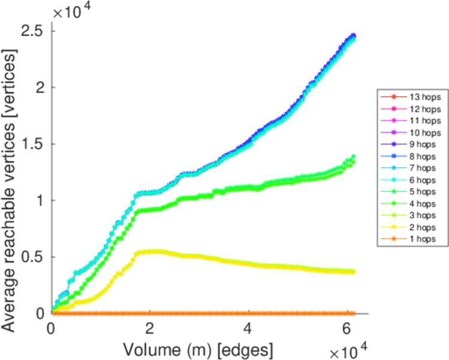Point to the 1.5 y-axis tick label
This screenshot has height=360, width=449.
(x=32, y=143)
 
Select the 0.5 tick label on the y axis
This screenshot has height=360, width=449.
(x=32, y=257)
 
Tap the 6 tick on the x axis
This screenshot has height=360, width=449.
(x=346, y=329)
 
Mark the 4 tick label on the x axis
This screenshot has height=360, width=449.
(x=248, y=329)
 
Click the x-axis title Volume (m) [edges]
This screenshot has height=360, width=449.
(x=198, y=349)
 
